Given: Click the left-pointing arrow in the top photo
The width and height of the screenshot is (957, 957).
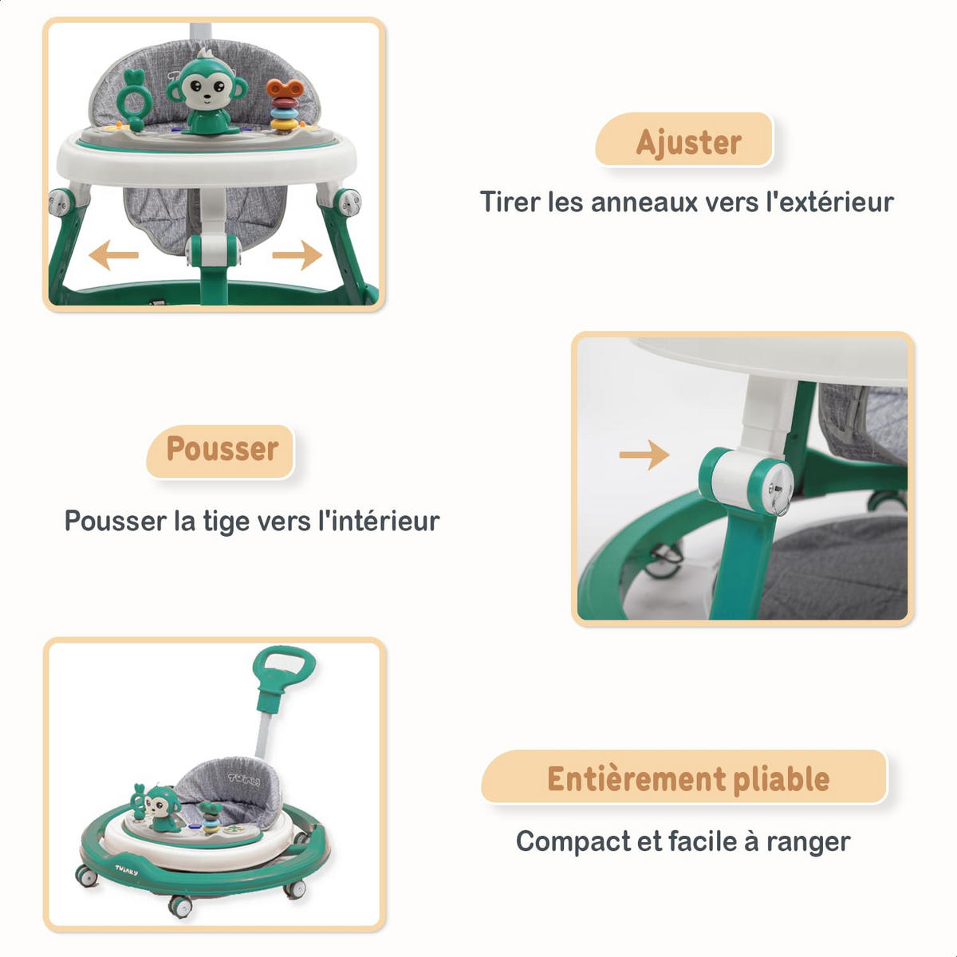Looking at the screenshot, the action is (114, 255).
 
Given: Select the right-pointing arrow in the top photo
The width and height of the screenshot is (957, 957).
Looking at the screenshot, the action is (297, 255).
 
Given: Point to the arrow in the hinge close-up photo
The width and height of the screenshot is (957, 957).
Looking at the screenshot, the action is (644, 455).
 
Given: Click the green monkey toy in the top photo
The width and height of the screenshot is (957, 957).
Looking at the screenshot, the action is (207, 93).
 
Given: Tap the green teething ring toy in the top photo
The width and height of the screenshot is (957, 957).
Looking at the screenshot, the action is (134, 100).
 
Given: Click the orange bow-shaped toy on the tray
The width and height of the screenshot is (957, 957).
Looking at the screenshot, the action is (285, 89).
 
